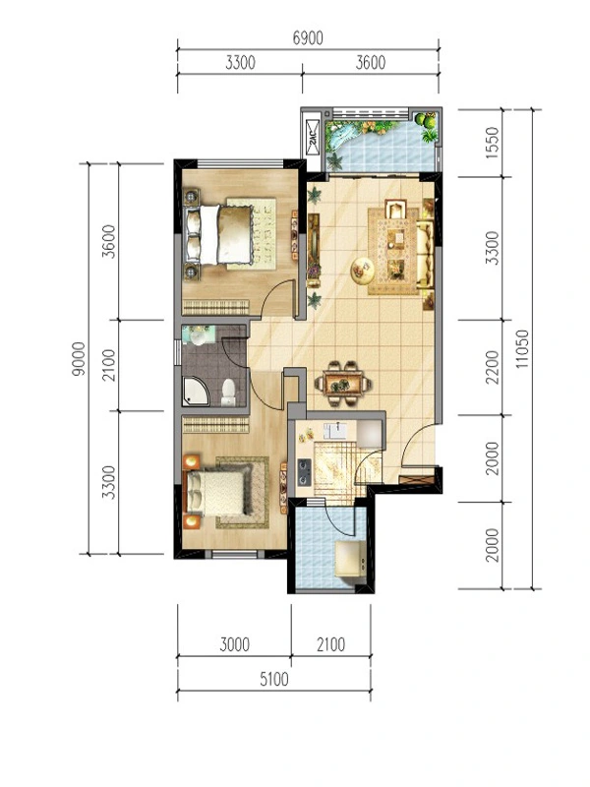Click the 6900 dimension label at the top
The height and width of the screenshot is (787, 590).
(x=308, y=37)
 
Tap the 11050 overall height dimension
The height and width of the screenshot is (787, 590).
(x=522, y=349)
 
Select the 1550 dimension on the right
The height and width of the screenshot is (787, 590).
(x=494, y=143)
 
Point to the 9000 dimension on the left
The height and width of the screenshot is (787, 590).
(x=79, y=359)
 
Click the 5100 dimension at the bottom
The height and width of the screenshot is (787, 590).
(x=274, y=679)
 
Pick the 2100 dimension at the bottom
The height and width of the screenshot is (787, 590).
(x=330, y=644)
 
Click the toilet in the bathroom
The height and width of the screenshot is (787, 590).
(x=228, y=393)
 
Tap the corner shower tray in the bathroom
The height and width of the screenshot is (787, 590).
(x=196, y=392)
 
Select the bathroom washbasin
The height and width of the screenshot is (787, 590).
(x=199, y=334)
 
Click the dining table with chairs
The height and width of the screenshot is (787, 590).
(x=343, y=384)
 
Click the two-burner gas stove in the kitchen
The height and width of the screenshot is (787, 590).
(x=304, y=472)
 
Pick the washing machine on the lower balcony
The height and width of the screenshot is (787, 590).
(x=350, y=559)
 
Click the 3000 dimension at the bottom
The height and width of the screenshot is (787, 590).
(x=234, y=644)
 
